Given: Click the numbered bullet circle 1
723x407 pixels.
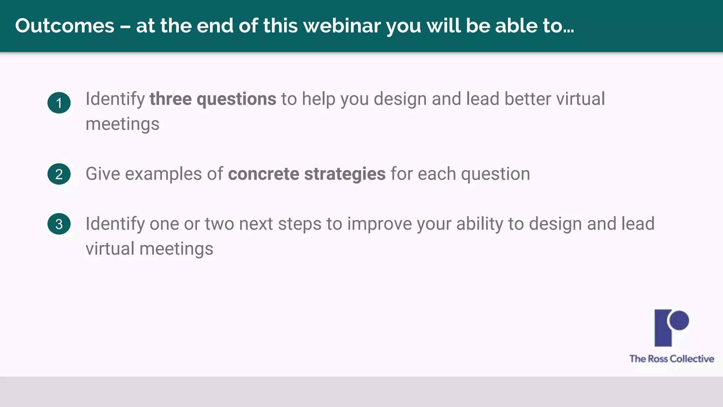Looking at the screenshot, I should [59, 103].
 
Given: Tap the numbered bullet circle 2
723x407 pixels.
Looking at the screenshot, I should [59, 174].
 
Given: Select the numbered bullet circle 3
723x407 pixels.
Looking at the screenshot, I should [59, 224].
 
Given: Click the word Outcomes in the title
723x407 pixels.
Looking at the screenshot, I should [65, 26].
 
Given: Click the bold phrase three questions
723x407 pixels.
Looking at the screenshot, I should [213, 99].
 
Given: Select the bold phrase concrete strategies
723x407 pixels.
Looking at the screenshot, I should [306, 174].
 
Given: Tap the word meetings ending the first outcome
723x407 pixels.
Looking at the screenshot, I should [122, 124].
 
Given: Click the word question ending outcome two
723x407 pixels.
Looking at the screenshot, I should [495, 174].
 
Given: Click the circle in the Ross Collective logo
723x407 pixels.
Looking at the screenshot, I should [679, 320].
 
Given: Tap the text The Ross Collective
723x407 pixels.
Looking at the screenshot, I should [671, 359].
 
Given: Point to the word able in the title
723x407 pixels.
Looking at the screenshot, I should [516, 26].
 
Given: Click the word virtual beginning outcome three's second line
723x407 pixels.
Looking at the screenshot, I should [110, 249].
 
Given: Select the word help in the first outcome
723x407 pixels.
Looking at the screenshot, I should [318, 99].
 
